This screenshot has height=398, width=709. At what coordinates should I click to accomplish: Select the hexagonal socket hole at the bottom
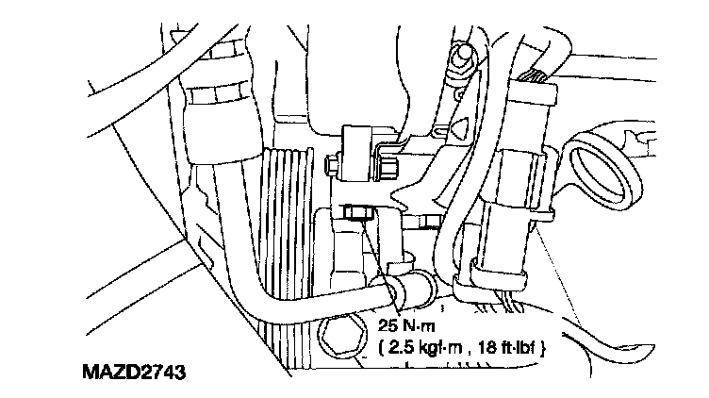(341, 337)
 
